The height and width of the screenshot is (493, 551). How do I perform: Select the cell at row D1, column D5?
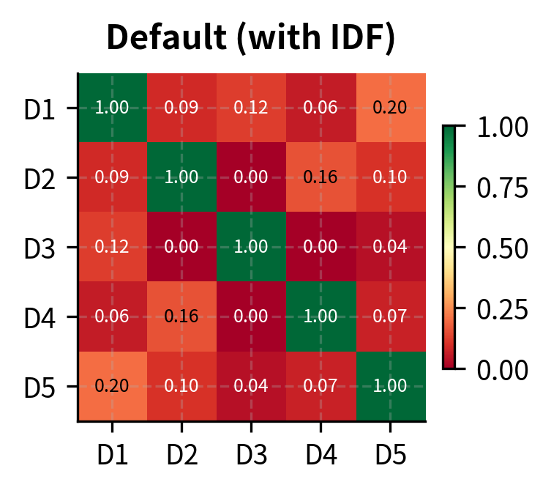pyautogui.click(x=390, y=108)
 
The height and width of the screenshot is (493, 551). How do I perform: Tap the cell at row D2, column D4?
pyautogui.click(x=321, y=177)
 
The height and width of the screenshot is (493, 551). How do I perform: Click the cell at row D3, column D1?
pyautogui.click(x=112, y=247)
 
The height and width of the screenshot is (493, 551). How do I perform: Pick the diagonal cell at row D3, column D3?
pyautogui.click(x=251, y=247)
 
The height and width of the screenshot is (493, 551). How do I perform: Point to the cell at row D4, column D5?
pyautogui.click(x=390, y=316)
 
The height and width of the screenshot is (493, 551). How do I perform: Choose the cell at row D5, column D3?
pyautogui.click(x=251, y=386)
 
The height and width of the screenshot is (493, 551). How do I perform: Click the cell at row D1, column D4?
pyautogui.click(x=321, y=108)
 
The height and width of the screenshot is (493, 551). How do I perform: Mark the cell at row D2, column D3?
pyautogui.click(x=251, y=177)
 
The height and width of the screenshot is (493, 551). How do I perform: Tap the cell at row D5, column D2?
pyautogui.click(x=181, y=386)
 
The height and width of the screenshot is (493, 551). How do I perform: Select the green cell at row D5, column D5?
pyautogui.click(x=390, y=386)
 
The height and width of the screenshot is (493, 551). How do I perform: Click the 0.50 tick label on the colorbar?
pyautogui.click(x=502, y=248)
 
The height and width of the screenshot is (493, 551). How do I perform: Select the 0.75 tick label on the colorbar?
pyautogui.click(x=502, y=188)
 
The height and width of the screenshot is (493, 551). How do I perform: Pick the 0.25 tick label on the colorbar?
pyautogui.click(x=502, y=308)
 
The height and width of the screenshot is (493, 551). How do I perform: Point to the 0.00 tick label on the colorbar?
pyautogui.click(x=502, y=368)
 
